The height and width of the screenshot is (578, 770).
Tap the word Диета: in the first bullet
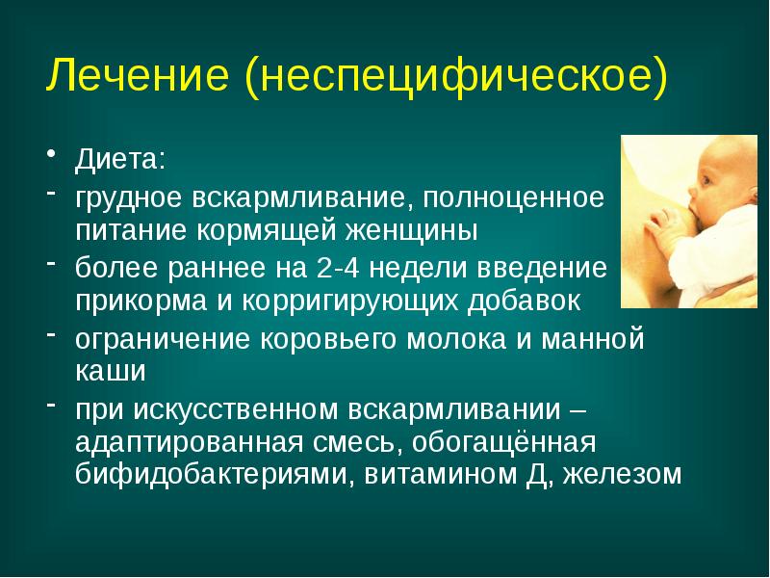(124, 158)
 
